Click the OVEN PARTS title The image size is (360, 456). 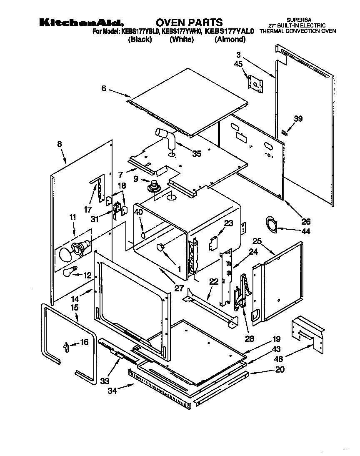[190, 23]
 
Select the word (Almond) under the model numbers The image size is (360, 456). [230, 40]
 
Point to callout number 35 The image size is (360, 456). [196, 154]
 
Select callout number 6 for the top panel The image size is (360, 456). [104, 88]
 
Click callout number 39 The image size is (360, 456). [297, 119]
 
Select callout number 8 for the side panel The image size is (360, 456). [60, 144]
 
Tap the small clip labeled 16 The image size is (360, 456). [65, 346]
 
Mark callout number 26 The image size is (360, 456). [306, 222]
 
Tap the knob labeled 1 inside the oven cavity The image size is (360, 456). [160, 248]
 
